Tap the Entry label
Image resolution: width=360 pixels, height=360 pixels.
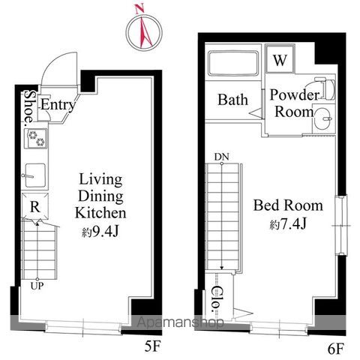pyautogui.click(x=58, y=105)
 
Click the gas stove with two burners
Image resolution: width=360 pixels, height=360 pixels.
pyautogui.click(x=36, y=138)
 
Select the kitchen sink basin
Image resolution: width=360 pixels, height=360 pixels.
pyautogui.click(x=35, y=175)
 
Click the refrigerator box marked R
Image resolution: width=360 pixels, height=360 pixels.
pyautogui.click(x=34, y=206)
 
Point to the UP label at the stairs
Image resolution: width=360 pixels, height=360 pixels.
pyautogui.click(x=37, y=286)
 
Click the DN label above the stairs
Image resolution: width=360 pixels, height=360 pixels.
pyautogui.click(x=221, y=157)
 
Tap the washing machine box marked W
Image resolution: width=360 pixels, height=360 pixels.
pyautogui.click(x=280, y=59)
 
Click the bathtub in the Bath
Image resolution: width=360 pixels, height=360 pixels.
pyautogui.click(x=233, y=63)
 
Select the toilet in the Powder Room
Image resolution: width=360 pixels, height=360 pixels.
pyautogui.click(x=325, y=88)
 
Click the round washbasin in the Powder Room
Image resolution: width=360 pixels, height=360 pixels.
pyautogui.click(x=324, y=118)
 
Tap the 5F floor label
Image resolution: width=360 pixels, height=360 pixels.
pyautogui.click(x=152, y=346)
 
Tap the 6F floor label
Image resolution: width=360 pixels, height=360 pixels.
pyautogui.click(x=336, y=349)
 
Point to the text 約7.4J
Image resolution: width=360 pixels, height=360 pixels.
pyautogui.click(x=288, y=224)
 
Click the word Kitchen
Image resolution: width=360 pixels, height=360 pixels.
pyautogui.click(x=100, y=213)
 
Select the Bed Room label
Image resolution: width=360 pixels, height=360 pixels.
pyautogui.click(x=288, y=205)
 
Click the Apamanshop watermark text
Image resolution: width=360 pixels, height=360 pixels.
pyautogui.click(x=181, y=322)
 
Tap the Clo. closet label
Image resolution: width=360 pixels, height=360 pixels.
pyautogui.click(x=216, y=298)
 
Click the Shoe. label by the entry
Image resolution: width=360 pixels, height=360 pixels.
pyautogui.click(x=30, y=107)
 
